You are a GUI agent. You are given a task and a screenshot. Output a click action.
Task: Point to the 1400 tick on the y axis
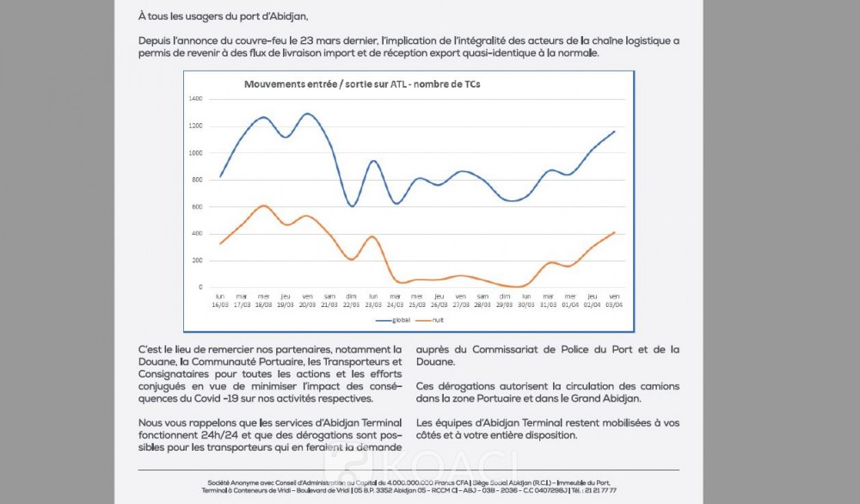(195, 99)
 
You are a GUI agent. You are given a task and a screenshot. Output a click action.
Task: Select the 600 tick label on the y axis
(197, 206)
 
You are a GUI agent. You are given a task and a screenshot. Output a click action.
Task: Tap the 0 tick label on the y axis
(200, 287)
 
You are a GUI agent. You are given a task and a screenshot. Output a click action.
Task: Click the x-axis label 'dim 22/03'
(351, 300)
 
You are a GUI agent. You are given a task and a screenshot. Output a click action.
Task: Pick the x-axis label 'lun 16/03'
(220, 300)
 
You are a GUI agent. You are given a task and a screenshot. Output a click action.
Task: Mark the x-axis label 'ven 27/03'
(460, 300)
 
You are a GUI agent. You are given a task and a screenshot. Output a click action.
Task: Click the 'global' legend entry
(395, 320)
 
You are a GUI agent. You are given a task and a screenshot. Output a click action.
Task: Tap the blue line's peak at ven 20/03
(308, 114)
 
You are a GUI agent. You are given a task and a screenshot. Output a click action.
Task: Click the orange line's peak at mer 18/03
(264, 206)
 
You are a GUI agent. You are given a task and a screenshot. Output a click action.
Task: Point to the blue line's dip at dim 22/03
(352, 206)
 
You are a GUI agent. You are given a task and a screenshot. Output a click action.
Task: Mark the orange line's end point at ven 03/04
(614, 232)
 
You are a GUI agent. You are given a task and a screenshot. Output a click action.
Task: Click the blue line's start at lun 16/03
(221, 176)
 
